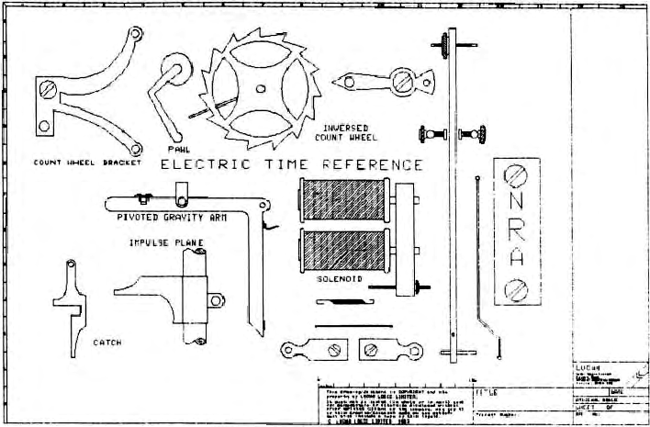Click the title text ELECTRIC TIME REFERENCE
[x=292, y=166]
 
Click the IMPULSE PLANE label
[x=165, y=243]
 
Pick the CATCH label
[x=107, y=343]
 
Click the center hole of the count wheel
[x=260, y=90]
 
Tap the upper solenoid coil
[x=341, y=199]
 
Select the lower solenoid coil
[x=341, y=250]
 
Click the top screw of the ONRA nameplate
[x=516, y=174]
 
